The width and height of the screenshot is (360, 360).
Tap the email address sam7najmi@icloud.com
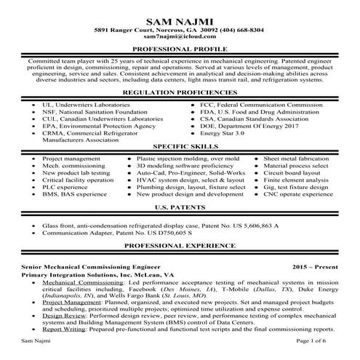[x=180, y=36]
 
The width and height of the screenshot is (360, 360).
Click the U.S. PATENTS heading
[x=180, y=207]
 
